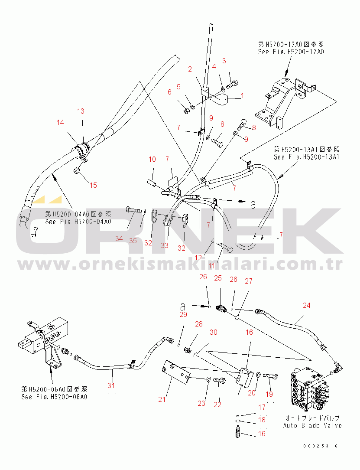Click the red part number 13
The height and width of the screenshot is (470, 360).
(x=81, y=111)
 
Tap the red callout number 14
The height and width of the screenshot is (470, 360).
(x=60, y=122)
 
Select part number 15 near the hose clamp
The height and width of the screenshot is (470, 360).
(x=93, y=185)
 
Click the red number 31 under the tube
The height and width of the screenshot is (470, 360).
(x=111, y=385)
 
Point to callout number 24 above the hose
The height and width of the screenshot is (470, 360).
(x=306, y=305)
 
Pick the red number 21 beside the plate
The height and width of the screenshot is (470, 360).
(x=162, y=399)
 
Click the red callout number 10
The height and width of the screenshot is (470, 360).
(x=152, y=159)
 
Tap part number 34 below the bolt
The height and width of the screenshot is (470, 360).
(x=119, y=238)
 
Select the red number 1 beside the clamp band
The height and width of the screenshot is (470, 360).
(x=242, y=96)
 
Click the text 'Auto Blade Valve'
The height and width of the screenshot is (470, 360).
(x=312, y=425)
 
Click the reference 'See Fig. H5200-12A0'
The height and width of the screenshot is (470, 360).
(x=291, y=52)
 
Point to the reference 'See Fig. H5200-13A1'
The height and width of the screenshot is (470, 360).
(x=306, y=157)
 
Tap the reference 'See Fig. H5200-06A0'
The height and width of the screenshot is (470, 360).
(x=54, y=397)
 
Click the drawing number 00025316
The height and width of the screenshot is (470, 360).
(x=321, y=446)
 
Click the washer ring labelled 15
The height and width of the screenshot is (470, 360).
(x=76, y=171)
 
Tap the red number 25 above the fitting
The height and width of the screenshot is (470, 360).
(x=218, y=278)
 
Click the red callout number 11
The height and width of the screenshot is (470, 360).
(x=212, y=266)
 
